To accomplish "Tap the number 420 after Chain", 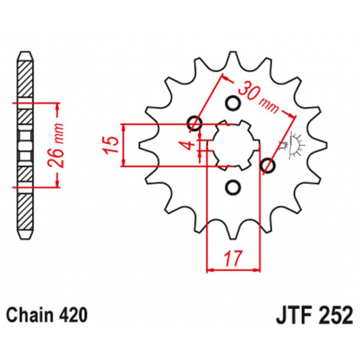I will click(x=74, y=314).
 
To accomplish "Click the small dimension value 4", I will click(x=186, y=143).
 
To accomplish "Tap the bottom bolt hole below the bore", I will click(x=233, y=186).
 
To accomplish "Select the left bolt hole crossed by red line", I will click(x=194, y=123).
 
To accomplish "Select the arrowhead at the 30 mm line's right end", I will click(x=295, y=116).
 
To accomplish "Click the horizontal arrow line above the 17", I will click(x=231, y=269).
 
